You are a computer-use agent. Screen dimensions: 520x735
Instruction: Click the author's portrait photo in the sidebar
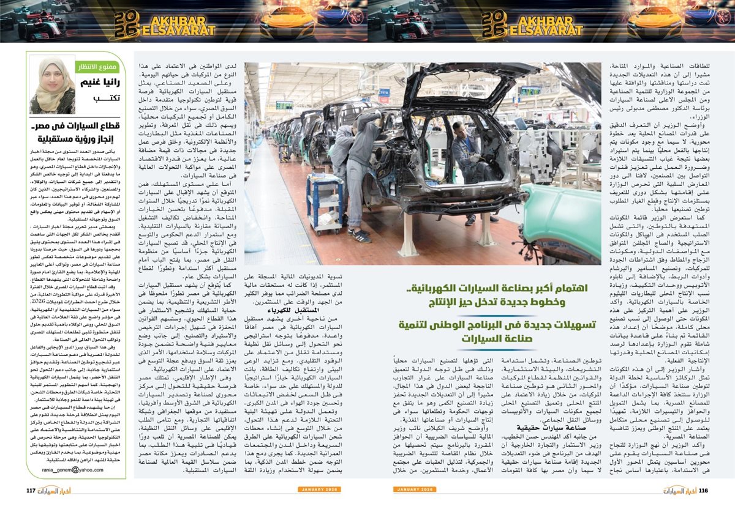tap(51, 86)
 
